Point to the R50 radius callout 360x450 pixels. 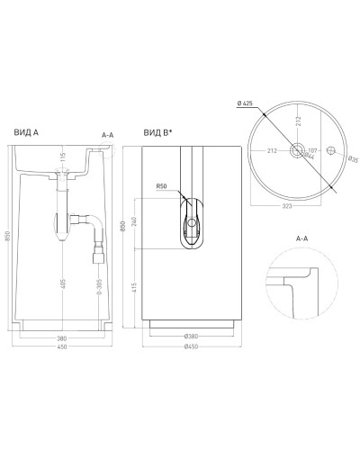pos(162,186)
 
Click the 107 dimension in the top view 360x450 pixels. pos(315,150)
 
